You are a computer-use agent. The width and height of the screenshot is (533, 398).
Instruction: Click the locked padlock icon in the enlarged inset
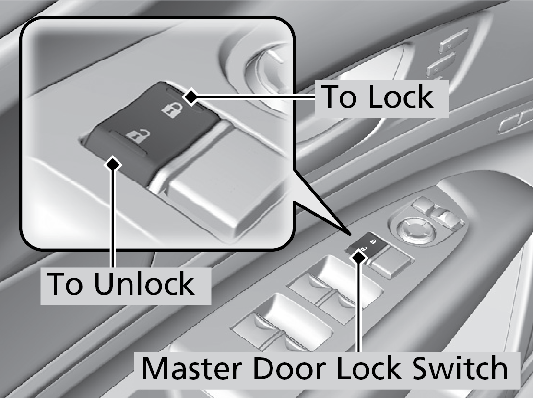point(169,110)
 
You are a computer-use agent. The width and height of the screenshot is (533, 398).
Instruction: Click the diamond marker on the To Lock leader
point(191,97)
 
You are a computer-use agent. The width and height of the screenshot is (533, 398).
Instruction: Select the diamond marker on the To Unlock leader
point(114,164)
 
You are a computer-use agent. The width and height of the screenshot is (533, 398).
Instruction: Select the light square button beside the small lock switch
point(392,261)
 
